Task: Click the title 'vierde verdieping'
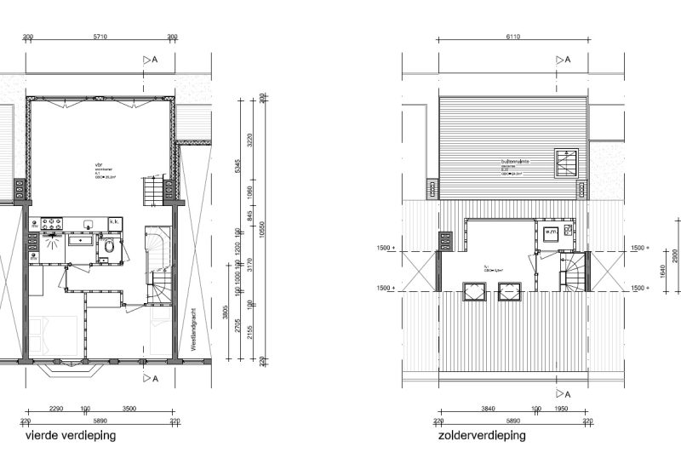point(71,435)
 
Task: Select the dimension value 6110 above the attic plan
point(512,37)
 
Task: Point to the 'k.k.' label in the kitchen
point(114,222)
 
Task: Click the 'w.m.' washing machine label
point(549,232)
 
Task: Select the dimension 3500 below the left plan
point(129,410)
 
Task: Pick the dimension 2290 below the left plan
point(56,410)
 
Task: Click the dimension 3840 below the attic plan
point(488,410)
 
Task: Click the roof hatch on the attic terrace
point(565,163)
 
